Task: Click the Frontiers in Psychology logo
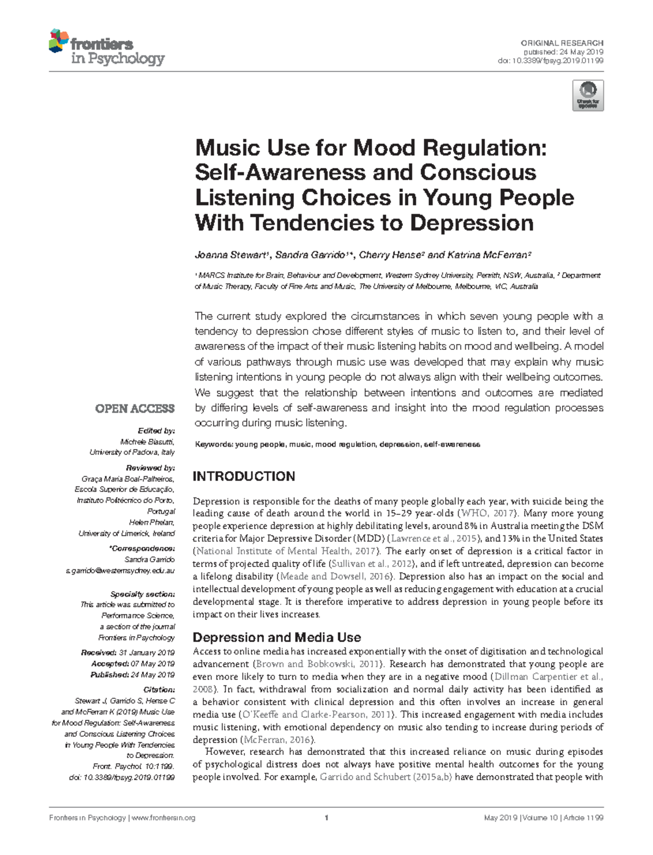[x=107, y=47]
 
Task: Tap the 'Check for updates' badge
[x=588, y=96]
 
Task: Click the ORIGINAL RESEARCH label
[x=562, y=43]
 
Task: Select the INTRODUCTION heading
[x=244, y=477]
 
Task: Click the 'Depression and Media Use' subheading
[x=277, y=637]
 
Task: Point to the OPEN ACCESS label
[x=135, y=409]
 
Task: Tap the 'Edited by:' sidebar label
[x=156, y=431]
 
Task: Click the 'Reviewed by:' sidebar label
[x=150, y=468]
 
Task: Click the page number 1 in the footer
[x=326, y=818]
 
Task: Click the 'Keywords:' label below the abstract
[x=213, y=445]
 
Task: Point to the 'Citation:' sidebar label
[x=159, y=690]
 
